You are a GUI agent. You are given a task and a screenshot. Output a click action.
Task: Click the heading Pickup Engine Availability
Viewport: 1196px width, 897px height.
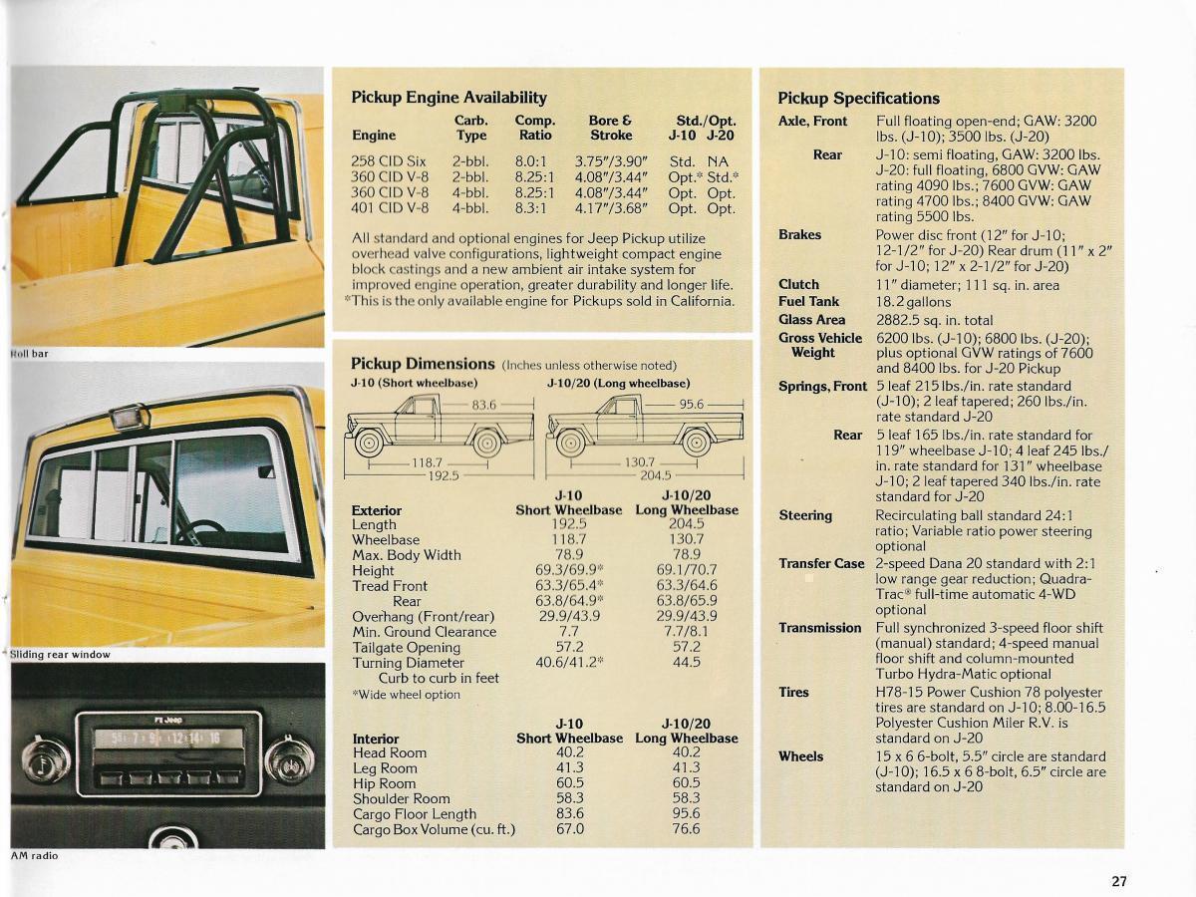pos(448,98)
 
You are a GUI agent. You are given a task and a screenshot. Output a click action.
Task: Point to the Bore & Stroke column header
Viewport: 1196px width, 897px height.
pos(610,128)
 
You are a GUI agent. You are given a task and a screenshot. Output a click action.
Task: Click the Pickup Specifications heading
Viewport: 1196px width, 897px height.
pos(858,98)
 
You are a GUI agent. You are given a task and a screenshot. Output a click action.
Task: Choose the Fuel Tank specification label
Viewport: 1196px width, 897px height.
pos(808,301)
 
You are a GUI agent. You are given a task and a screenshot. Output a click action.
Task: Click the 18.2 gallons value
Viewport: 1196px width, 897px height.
pos(913,301)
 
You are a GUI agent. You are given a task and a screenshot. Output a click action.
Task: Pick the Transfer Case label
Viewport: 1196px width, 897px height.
pos(821,563)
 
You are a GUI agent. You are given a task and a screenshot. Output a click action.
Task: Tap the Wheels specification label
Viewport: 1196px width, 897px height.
pos(800,756)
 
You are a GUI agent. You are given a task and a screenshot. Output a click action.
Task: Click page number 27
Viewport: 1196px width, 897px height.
pos(1119,881)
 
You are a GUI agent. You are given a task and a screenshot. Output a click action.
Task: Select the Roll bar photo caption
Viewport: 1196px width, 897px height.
pos(29,354)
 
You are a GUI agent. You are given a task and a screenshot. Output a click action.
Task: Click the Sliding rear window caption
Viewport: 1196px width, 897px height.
pos(60,655)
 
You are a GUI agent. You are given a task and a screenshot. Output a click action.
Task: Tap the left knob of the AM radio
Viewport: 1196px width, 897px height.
pos(46,761)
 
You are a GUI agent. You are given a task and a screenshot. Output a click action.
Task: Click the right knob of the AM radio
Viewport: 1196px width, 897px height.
pos(289,759)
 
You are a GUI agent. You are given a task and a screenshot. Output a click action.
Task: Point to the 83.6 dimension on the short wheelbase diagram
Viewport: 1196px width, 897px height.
pos(484,405)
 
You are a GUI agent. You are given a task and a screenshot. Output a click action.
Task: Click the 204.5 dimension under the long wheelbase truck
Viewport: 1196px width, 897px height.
pos(655,475)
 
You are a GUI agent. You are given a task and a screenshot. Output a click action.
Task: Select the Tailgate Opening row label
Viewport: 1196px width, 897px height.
pos(406,647)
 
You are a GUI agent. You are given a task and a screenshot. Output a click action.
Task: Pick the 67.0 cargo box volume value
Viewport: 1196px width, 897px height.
pos(569,828)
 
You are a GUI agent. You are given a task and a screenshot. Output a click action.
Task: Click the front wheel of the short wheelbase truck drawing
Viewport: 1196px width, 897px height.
pos(369,442)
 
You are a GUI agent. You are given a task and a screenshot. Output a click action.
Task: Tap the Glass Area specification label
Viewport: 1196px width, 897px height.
pos(811,320)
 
